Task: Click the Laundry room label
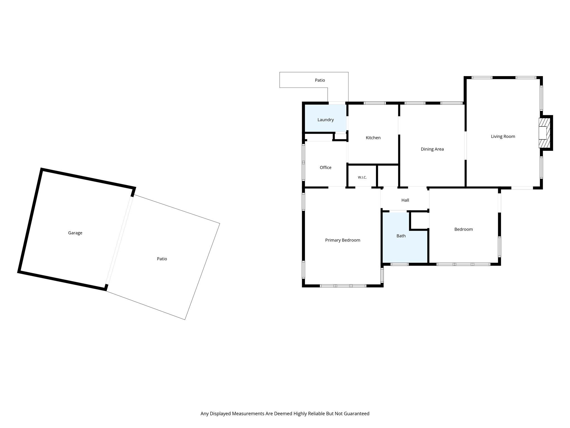(325, 120)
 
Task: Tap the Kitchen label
(373, 138)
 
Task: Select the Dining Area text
(432, 149)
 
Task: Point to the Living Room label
(503, 137)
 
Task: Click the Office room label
(325, 167)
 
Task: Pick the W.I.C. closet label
(362, 177)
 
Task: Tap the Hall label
(405, 200)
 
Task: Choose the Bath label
(401, 236)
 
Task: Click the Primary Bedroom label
(343, 240)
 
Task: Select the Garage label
(75, 233)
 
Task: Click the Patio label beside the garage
(162, 259)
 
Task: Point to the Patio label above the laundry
(320, 80)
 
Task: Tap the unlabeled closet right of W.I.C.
(388, 176)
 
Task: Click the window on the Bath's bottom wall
(399, 264)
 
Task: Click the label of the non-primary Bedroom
(463, 229)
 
